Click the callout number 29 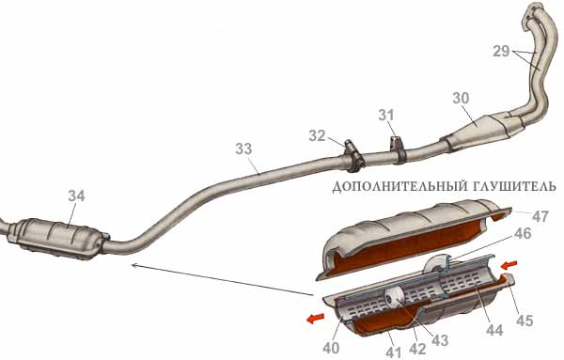[501, 52]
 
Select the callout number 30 [461, 98]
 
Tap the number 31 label [386, 115]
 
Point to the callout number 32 [317, 136]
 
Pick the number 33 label [243, 149]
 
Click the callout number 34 [76, 196]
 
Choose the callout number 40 [331, 348]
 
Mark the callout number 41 [393, 353]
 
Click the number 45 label [525, 321]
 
